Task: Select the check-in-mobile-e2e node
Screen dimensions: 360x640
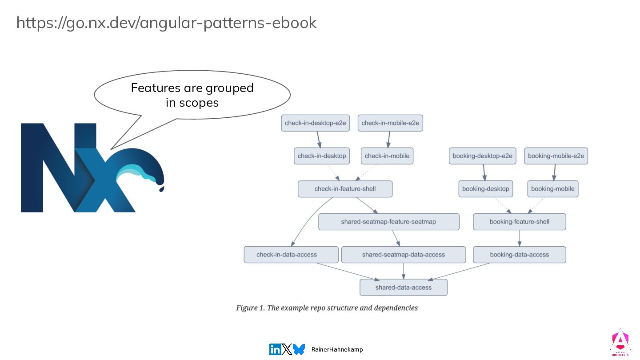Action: coord(390,123)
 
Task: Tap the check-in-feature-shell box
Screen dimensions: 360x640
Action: coord(345,189)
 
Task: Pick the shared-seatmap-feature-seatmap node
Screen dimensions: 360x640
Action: coord(388,222)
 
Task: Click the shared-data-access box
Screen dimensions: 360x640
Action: coord(403,288)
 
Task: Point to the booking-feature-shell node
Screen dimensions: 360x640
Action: coord(519,222)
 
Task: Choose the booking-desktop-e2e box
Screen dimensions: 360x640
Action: coord(482,156)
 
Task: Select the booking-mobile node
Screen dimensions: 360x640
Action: coord(552,189)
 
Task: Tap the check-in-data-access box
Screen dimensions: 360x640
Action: coord(287,255)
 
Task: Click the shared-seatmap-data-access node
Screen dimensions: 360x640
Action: coord(403,255)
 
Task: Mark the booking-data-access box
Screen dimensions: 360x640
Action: coord(519,255)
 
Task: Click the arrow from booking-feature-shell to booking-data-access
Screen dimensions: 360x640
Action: coord(520,238)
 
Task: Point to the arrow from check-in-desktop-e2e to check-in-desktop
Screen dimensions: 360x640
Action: coord(318,140)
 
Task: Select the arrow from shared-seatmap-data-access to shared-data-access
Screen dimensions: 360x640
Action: coord(404,271)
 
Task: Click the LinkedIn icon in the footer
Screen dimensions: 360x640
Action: coord(275,349)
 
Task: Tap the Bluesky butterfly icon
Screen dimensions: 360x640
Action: coord(299,349)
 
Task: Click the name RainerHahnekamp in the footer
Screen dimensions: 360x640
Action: coord(337,349)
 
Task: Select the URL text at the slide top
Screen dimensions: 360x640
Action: coord(166,23)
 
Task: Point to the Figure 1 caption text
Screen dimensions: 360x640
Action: coord(327,308)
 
